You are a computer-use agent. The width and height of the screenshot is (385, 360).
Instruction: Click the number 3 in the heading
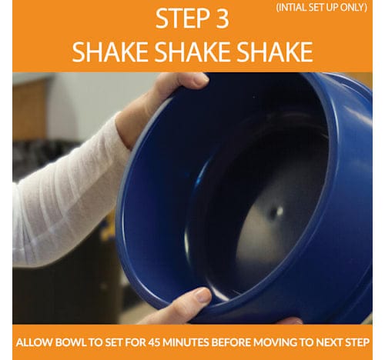pos(220,18)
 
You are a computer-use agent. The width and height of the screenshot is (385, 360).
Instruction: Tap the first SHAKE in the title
pos(110,52)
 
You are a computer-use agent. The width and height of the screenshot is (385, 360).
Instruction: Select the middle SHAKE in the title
pos(192,52)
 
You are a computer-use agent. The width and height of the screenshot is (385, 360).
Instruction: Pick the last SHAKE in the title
pos(275,52)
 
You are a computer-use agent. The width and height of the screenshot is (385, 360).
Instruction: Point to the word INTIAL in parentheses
pos(292,8)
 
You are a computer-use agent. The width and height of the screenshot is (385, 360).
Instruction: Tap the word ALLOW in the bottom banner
pos(34,342)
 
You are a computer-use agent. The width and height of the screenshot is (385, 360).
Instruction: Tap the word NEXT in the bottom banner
pos(328,342)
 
